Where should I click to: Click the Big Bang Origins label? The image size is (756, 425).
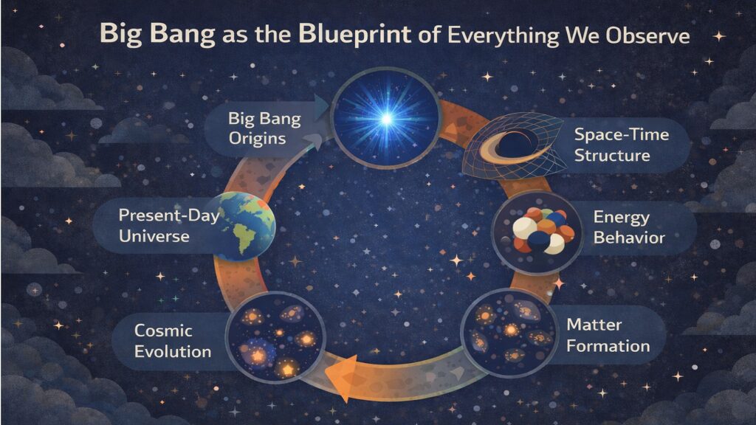pos(257,128)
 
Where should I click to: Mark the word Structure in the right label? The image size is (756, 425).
pos(614,156)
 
